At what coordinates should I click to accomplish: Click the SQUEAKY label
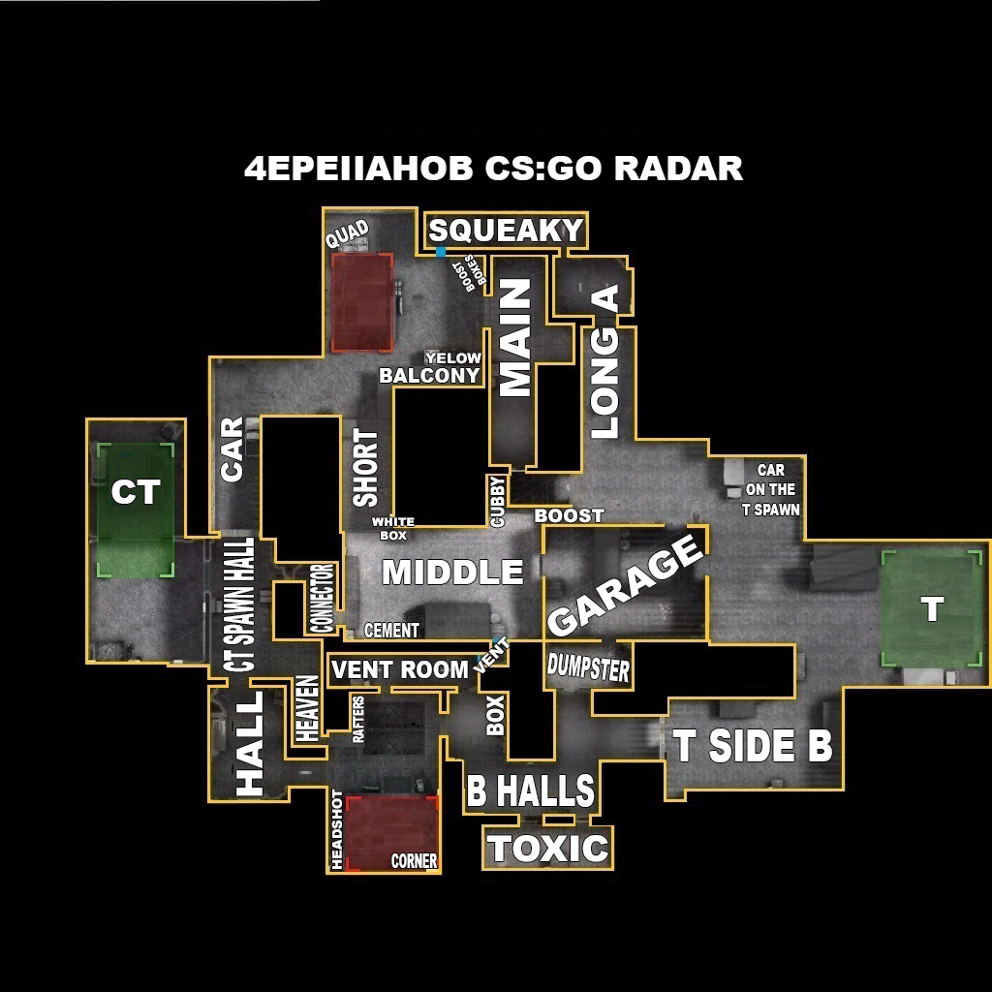[506, 231]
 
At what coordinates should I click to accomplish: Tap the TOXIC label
[549, 849]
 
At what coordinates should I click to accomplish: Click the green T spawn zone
[931, 608]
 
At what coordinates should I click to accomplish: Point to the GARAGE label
[625, 585]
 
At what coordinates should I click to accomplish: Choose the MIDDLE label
[452, 573]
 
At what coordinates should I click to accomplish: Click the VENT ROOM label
[399, 669]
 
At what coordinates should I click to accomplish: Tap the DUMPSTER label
[588, 667]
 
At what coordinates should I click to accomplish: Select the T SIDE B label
[753, 746]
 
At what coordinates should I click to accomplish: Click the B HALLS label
[530, 791]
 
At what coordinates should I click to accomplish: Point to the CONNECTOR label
[323, 598]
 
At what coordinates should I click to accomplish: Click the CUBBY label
[498, 501]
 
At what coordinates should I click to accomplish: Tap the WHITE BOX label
[393, 528]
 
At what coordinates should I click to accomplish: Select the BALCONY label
[429, 376]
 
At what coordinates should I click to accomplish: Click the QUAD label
[347, 233]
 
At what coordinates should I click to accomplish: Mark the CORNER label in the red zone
[414, 860]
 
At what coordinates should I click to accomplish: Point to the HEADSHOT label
[337, 829]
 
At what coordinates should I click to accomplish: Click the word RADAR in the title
[678, 169]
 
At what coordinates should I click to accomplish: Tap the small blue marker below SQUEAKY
[441, 252]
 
